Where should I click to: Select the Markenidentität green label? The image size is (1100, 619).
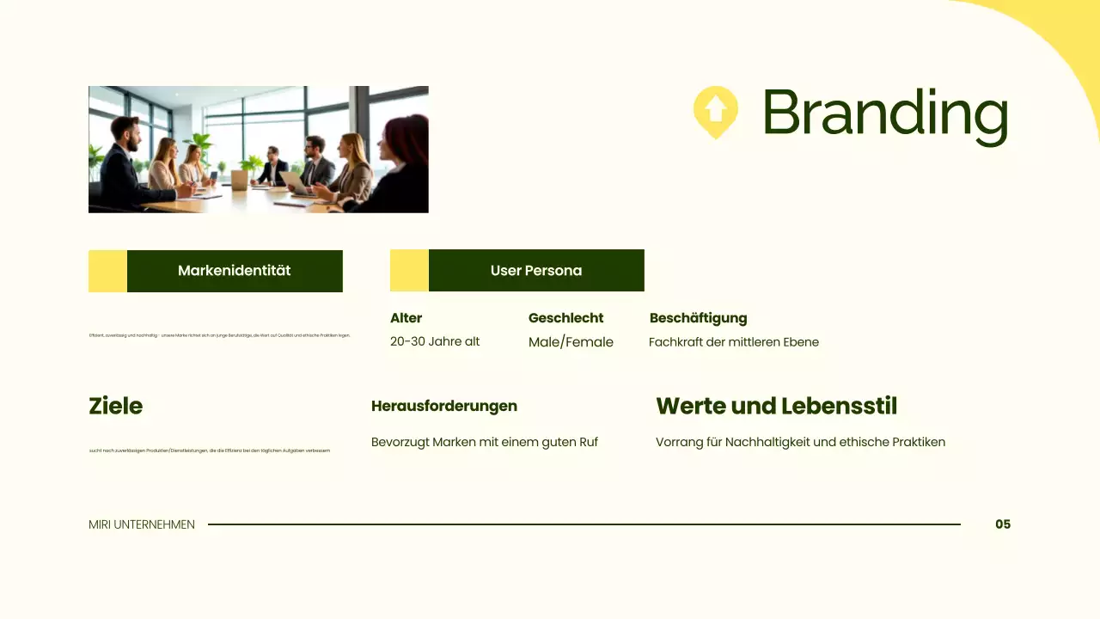pos(235,271)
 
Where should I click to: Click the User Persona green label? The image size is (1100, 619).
pos(536,271)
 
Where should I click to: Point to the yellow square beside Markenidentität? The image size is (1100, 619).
pos(107,271)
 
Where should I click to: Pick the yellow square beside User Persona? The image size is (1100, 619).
pos(409,271)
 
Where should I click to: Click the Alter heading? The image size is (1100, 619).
pos(406,318)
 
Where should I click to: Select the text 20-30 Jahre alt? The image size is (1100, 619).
pos(435,341)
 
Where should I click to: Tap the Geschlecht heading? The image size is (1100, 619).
pos(565,318)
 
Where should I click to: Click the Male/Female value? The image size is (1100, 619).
pos(571,342)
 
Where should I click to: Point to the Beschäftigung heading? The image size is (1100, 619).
pos(698,318)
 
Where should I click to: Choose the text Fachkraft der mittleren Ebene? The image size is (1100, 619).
pos(733,342)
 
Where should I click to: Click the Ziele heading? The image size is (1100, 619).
pos(115,406)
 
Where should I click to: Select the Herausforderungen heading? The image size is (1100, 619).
pos(443,406)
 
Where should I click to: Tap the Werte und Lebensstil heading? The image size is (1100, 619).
pos(776,406)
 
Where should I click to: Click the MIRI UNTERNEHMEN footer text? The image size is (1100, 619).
pos(142,524)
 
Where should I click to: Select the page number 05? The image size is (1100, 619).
pos(1003,524)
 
